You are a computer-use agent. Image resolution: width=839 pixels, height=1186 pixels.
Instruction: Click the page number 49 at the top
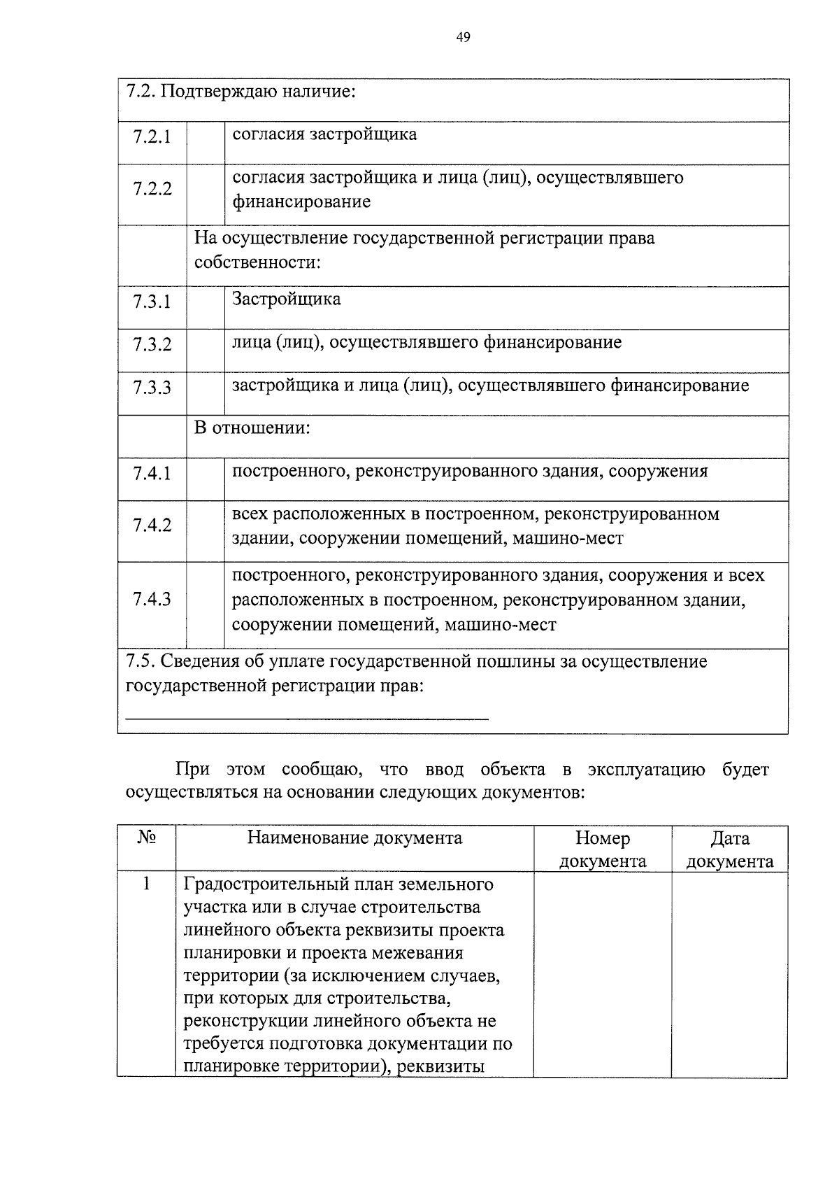(x=463, y=37)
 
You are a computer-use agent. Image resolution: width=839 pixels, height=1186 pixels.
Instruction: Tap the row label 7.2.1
(x=152, y=136)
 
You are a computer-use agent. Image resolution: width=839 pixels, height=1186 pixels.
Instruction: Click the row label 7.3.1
(x=152, y=303)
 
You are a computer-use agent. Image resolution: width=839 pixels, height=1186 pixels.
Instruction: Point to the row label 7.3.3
(x=152, y=388)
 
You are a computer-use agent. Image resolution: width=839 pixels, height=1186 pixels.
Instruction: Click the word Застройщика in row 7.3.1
(x=287, y=299)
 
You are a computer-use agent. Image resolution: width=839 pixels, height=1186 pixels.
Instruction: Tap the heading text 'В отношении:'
(x=252, y=428)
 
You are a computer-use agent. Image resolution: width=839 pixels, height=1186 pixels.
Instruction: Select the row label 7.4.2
(x=152, y=525)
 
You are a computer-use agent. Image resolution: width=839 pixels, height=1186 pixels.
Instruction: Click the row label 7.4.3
(x=152, y=599)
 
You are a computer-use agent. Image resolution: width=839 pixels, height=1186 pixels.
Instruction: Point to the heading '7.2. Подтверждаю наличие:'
(x=241, y=92)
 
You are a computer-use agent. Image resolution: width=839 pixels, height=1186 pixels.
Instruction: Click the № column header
(x=146, y=838)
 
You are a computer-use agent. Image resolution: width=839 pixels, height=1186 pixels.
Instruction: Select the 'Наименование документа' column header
(x=354, y=838)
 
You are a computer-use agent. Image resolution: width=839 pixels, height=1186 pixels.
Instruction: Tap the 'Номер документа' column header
(x=603, y=849)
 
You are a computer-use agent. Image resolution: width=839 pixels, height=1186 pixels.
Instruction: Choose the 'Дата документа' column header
(x=729, y=849)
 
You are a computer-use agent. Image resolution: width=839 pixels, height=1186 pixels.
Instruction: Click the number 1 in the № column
(x=146, y=884)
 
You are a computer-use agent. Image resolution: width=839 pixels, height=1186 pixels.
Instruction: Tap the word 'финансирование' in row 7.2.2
(x=301, y=202)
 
